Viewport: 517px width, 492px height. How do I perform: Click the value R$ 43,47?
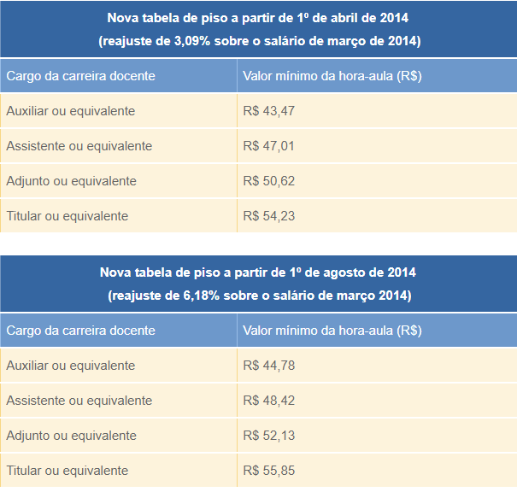[x=268, y=111]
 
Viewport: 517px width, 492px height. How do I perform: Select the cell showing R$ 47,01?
[x=268, y=146]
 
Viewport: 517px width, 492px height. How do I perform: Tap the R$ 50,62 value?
[x=268, y=181]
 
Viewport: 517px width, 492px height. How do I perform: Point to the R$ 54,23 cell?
[x=268, y=216]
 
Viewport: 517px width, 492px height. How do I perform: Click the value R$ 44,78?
[x=268, y=366]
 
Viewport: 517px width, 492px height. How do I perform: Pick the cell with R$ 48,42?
[x=268, y=401]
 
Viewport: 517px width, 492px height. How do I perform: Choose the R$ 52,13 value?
[x=268, y=436]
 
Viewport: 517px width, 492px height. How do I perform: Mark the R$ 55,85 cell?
[x=268, y=471]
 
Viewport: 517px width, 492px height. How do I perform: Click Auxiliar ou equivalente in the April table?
[x=70, y=111]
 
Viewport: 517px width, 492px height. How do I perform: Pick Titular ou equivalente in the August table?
[x=67, y=471]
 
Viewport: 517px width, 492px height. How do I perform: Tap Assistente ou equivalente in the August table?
[x=79, y=401]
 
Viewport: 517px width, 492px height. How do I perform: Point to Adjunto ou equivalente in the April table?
[x=71, y=181]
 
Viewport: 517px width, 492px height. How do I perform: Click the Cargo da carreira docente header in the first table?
[x=80, y=76]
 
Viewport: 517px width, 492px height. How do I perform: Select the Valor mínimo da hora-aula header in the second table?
[x=332, y=331]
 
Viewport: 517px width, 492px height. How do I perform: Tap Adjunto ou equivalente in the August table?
[x=71, y=436]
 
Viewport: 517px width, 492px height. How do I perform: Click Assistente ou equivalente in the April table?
[x=79, y=146]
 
